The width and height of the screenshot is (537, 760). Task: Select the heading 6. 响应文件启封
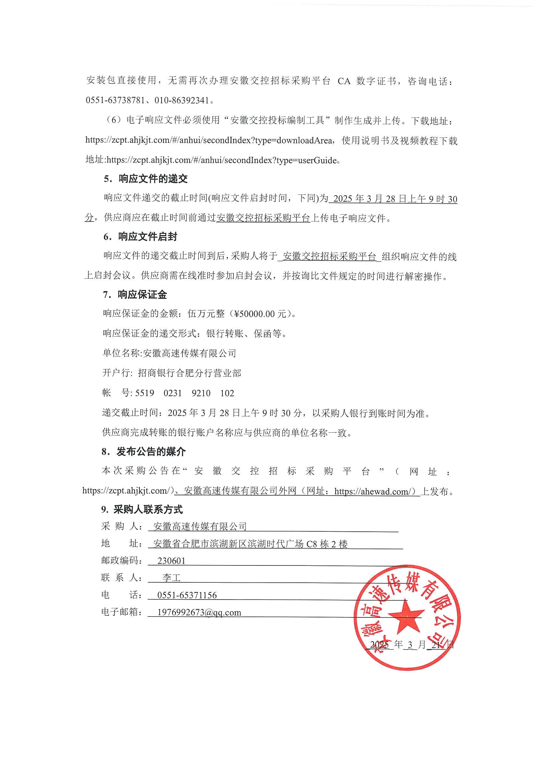tap(140, 237)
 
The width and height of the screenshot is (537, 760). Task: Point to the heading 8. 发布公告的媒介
tap(143, 452)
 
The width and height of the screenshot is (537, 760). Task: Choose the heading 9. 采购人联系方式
tap(142, 510)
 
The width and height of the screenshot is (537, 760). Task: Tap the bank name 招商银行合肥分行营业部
tap(189, 374)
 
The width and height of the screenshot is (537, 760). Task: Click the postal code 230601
tap(171, 560)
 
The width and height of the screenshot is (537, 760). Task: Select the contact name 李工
tap(171, 577)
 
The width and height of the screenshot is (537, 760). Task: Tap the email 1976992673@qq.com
tap(199, 612)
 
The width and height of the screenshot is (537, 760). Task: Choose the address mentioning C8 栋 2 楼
tap(250, 543)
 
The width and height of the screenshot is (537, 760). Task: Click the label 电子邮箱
tap(121, 612)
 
